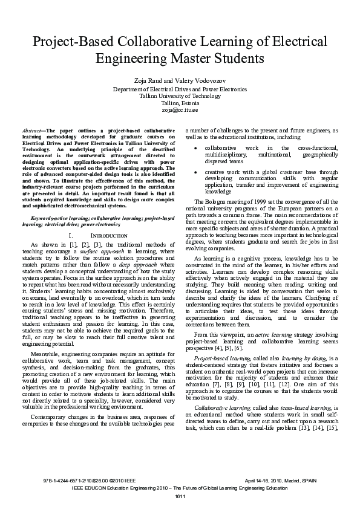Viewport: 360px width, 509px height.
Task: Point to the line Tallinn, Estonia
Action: pyautogui.click(x=180, y=103)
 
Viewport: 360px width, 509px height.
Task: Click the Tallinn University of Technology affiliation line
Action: pyautogui.click(x=180, y=96)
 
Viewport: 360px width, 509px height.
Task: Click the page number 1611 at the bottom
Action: pyautogui.click(x=180, y=496)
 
